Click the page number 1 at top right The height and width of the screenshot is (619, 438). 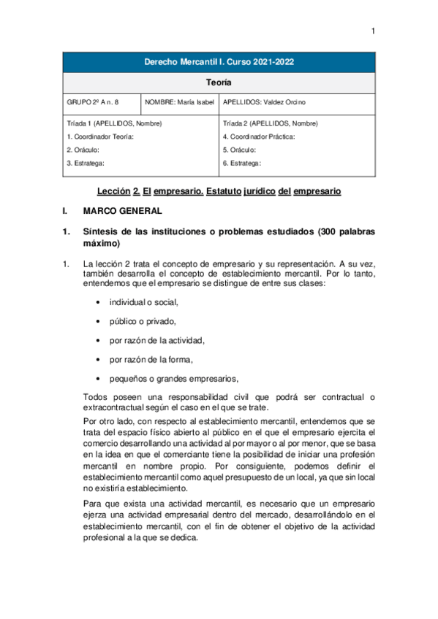click(x=372, y=31)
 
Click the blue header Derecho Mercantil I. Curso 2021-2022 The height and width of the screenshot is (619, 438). click(x=219, y=63)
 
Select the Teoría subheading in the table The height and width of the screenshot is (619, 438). click(x=219, y=83)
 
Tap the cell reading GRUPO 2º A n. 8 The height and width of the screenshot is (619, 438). click(x=92, y=103)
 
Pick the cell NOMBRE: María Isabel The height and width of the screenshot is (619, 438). click(x=177, y=103)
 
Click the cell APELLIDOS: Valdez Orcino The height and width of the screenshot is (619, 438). click(x=265, y=103)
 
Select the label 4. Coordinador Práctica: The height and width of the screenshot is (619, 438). click(x=259, y=137)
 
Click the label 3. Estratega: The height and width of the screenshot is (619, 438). click(x=86, y=163)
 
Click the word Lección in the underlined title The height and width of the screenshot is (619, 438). click(x=113, y=191)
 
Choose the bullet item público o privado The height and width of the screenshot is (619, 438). click(x=143, y=320)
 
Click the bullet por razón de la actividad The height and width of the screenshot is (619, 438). click(x=156, y=339)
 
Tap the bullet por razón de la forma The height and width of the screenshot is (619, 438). click(x=151, y=358)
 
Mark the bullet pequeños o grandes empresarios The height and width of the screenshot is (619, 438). click(x=174, y=377)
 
